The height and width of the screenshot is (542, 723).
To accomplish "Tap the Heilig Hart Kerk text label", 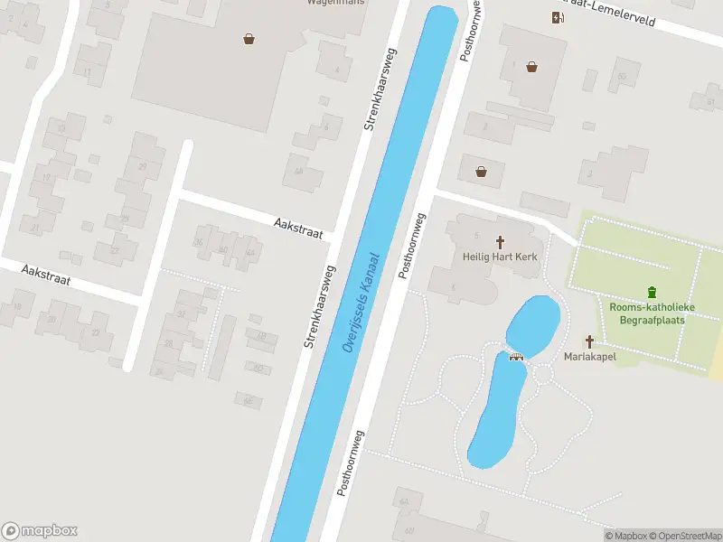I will (500, 257).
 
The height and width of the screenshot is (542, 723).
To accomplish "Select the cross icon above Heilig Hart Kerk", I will (500, 241).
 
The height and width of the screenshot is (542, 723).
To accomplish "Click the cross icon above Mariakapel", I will (590, 341).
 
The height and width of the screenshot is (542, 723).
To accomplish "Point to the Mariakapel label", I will (590, 357).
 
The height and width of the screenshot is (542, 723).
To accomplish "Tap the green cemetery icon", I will (652, 291).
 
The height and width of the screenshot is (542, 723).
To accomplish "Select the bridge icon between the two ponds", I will (517, 355).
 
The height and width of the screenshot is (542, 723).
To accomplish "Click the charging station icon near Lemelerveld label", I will (558, 17).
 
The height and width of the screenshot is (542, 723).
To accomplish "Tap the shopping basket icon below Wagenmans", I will (249, 38).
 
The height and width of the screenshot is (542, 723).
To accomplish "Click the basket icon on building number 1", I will (532, 66).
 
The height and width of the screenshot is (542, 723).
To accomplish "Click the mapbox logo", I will (40, 531).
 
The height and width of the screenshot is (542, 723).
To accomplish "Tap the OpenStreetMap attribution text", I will (684, 536).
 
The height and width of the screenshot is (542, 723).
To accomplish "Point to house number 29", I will (142, 167).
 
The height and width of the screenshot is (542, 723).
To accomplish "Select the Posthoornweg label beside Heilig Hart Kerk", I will (414, 245).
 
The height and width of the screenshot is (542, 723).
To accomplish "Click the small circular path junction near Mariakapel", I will (543, 372).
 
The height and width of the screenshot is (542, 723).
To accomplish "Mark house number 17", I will (46, 177).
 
